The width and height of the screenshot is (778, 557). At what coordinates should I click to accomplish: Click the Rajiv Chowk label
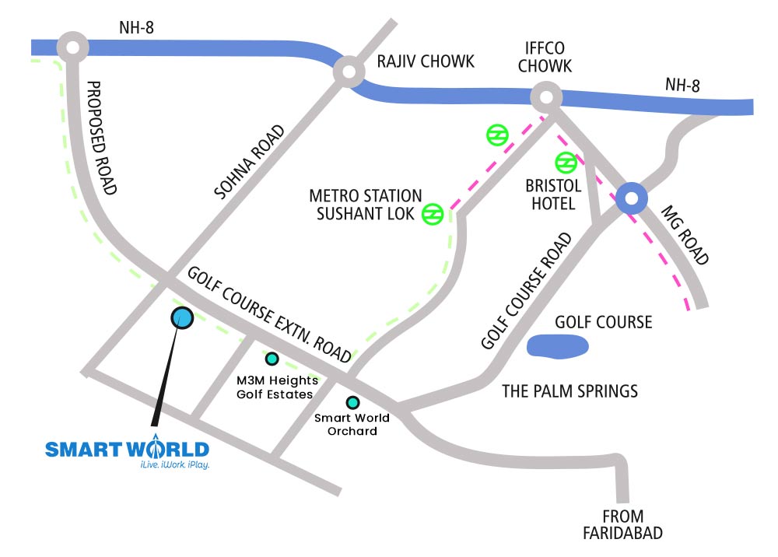coord(425,62)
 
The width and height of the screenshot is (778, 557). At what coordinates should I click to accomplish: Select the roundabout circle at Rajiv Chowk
coord(348,73)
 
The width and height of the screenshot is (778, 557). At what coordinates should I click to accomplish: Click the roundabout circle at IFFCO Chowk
coord(546,98)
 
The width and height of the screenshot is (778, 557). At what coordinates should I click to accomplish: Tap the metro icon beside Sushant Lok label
coord(433,214)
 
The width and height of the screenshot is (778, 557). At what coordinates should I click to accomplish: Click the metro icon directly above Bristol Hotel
coord(565,163)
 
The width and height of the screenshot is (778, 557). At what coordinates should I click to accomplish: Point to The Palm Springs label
coord(569,391)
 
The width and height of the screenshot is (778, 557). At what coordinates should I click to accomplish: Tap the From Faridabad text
coord(622,524)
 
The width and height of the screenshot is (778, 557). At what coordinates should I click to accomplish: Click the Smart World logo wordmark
coord(127,449)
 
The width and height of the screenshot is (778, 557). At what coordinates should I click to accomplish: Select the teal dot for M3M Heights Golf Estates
coord(272,359)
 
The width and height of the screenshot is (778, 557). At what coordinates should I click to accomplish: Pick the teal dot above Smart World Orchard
coord(353,402)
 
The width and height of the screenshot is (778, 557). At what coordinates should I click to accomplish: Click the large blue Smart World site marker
coord(181,317)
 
